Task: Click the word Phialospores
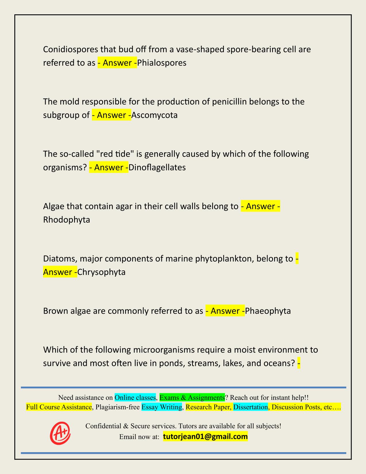(x=162, y=63)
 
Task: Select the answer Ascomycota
(x=154, y=115)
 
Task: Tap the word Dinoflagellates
(x=157, y=167)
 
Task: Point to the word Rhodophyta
(x=67, y=220)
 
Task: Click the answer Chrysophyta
(x=101, y=272)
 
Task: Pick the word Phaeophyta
(x=268, y=311)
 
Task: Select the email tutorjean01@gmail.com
(x=205, y=437)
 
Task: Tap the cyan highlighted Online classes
(x=135, y=398)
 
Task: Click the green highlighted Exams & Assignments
(x=192, y=398)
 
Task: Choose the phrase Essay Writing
(x=162, y=407)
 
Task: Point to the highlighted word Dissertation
(x=250, y=407)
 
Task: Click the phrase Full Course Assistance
(x=59, y=407)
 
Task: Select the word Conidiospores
(x=70, y=49)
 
